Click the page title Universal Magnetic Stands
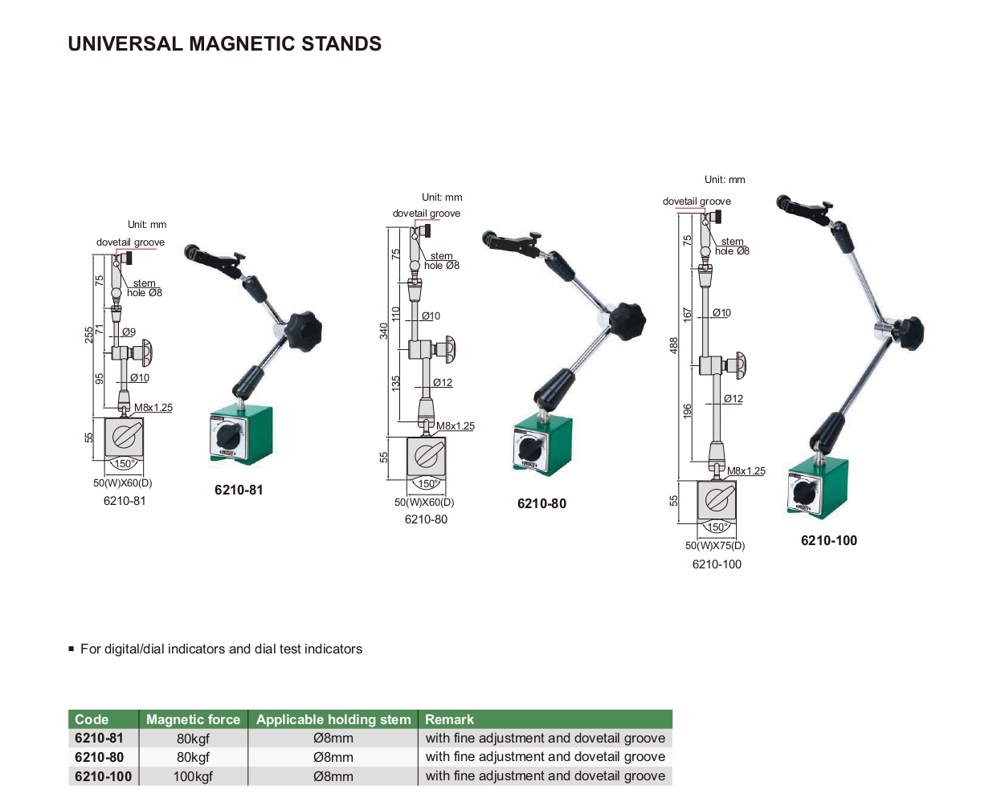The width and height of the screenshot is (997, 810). (225, 44)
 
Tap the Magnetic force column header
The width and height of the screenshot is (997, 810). (193, 719)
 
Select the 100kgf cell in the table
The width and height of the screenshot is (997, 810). (193, 776)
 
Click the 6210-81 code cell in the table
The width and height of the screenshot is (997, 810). (100, 738)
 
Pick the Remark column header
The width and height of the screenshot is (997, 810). (449, 719)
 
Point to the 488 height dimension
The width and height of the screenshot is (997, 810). (674, 344)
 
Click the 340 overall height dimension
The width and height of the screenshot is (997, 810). (384, 330)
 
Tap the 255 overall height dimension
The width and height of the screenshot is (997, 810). (89, 335)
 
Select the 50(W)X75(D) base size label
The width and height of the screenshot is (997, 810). (715, 546)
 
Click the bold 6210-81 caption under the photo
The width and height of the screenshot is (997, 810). (239, 490)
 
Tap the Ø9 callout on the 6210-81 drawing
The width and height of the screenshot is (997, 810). (129, 332)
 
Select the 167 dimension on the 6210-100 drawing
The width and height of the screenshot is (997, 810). (688, 315)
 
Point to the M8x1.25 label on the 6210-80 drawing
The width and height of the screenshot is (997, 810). (456, 426)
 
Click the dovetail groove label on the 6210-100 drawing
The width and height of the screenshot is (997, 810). (697, 201)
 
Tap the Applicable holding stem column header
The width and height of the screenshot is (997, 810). (333, 719)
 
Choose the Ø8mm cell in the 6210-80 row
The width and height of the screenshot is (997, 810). (333, 757)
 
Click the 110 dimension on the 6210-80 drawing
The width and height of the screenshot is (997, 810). (396, 313)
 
